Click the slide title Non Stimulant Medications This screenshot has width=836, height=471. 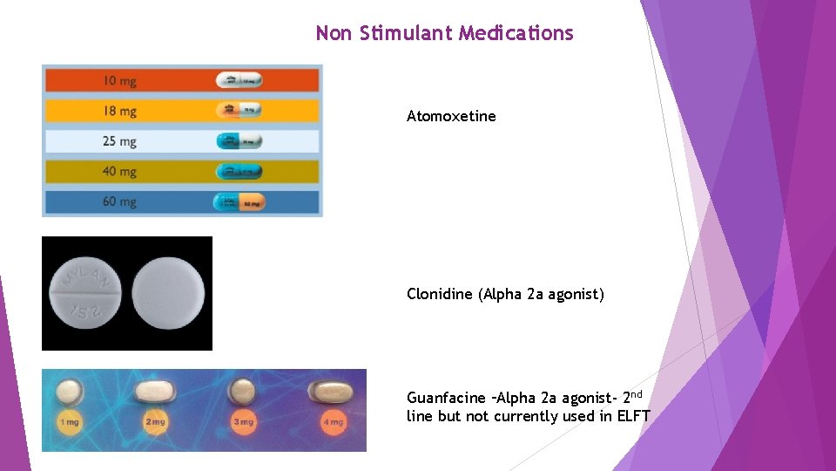tap(444, 34)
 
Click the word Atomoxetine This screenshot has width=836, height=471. tap(451, 116)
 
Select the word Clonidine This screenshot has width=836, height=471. tap(440, 294)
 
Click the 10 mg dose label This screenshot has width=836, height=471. tap(119, 81)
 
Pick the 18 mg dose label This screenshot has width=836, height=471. tap(119, 111)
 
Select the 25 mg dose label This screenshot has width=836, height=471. tap(119, 141)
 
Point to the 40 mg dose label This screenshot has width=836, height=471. tap(119, 172)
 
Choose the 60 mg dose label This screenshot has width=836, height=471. tap(119, 201)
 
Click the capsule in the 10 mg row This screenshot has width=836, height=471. tap(239, 80)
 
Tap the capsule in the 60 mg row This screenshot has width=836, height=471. tap(239, 202)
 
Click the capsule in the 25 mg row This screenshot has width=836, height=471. tap(239, 141)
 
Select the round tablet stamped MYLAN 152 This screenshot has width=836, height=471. tap(84, 292)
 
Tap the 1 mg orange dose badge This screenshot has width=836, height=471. tap(70, 422)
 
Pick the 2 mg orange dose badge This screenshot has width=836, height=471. tap(155, 422)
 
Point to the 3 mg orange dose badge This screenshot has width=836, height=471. tap(245, 422)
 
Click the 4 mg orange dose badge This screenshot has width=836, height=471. tap(333, 422)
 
